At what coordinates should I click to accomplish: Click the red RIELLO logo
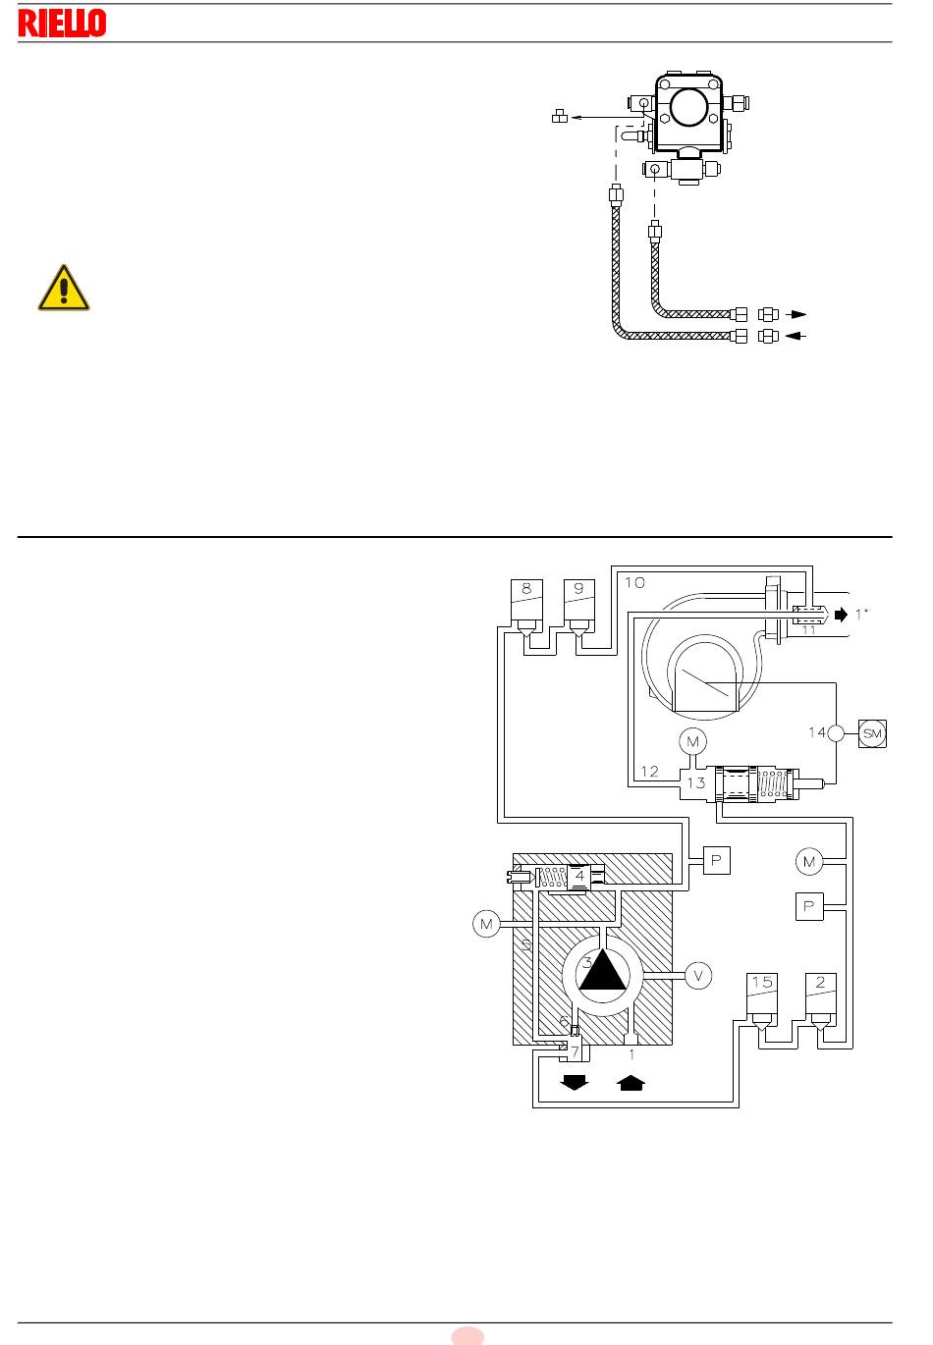(62, 24)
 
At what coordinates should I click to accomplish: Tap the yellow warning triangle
(64, 288)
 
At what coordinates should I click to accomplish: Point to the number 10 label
(634, 582)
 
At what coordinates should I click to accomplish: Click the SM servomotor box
(872, 733)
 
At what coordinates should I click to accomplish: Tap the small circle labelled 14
(835, 733)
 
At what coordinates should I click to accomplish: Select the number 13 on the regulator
(695, 783)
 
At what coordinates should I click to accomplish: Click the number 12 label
(649, 771)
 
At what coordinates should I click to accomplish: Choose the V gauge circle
(698, 976)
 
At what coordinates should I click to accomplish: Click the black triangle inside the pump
(602, 969)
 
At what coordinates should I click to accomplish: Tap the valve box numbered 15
(761, 996)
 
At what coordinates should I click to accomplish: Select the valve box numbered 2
(821, 996)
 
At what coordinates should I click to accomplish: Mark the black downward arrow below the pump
(575, 1082)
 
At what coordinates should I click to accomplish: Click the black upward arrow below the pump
(631, 1082)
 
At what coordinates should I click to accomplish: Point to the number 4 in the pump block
(579, 876)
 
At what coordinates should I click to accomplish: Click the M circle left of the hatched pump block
(486, 924)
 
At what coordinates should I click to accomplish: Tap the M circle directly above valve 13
(692, 741)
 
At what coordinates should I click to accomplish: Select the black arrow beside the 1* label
(841, 615)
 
